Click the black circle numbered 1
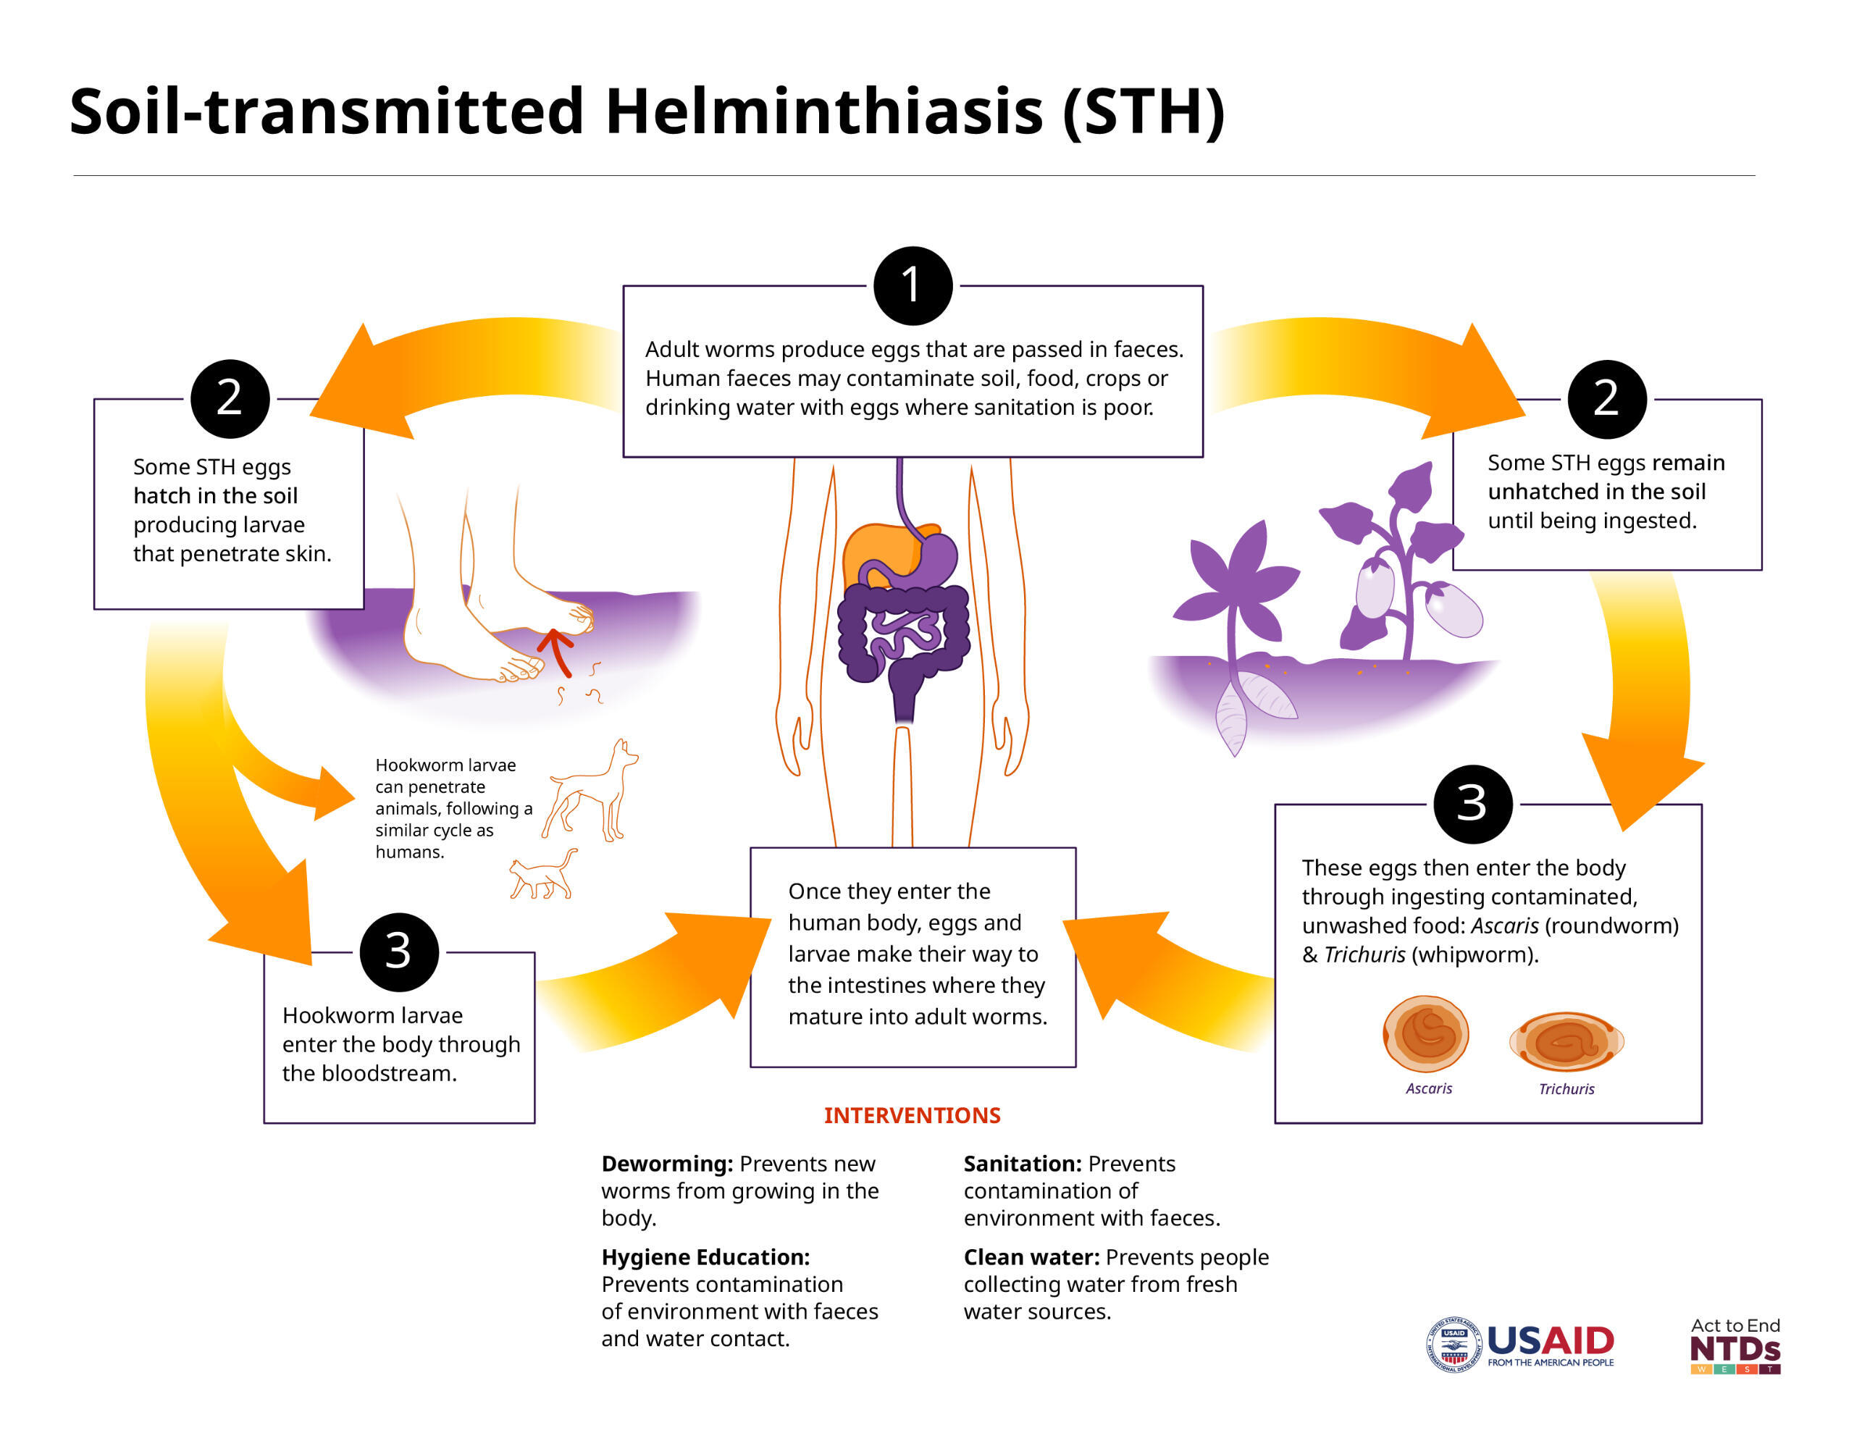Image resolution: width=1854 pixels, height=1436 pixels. coord(913,286)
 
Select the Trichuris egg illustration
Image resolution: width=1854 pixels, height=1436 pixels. coord(1566,1041)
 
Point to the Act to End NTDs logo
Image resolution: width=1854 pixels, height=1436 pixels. coord(1735,1345)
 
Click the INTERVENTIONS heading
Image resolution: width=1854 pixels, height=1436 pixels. coord(913,1115)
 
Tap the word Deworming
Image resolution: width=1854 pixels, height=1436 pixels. coord(667,1164)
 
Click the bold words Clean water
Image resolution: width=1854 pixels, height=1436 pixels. coord(1031,1257)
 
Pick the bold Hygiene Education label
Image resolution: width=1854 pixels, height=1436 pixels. coord(705,1258)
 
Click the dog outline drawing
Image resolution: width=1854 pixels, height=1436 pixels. coord(590,790)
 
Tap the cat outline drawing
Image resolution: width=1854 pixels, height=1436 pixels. coord(543,874)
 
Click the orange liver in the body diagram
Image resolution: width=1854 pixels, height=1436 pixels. coord(883,556)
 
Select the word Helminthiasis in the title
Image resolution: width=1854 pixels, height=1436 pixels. coord(823,112)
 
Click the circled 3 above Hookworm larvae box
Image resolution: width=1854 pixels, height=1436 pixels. coord(399,952)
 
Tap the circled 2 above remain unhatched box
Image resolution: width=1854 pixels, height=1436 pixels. coord(1607,399)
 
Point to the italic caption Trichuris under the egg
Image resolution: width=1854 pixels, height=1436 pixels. coord(1566,1089)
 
